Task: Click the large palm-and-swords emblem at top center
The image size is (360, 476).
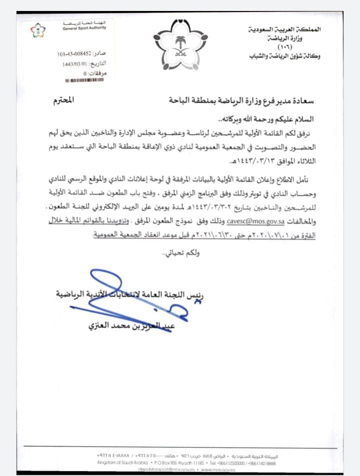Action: [179, 45]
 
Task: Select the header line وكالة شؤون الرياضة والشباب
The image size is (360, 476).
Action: [285, 56]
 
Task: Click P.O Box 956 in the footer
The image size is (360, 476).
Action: [164, 463]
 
